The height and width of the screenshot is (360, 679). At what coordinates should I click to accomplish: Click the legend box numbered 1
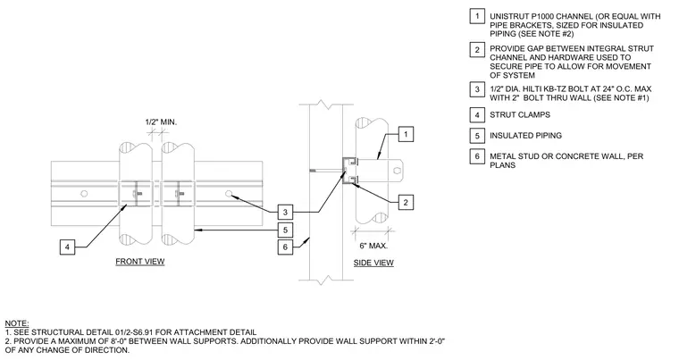(x=477, y=16)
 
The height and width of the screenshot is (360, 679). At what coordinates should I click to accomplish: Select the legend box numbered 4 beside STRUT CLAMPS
(x=477, y=115)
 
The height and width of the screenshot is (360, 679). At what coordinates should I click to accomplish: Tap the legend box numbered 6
(x=477, y=156)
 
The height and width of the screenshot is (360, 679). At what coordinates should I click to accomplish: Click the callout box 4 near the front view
(x=67, y=247)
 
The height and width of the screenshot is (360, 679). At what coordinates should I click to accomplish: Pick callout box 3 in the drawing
(x=285, y=212)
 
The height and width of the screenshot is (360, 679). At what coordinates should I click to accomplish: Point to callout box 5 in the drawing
(x=285, y=230)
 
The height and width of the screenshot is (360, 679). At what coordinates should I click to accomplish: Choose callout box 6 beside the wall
(x=285, y=247)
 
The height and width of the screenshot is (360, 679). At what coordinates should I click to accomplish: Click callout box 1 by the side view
(x=406, y=134)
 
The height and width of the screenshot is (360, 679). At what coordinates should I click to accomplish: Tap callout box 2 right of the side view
(x=406, y=202)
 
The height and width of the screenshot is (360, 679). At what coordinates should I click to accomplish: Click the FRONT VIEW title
(x=140, y=261)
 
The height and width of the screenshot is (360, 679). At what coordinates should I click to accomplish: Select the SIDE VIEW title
(x=373, y=263)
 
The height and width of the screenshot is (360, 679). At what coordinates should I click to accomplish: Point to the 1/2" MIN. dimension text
(x=161, y=122)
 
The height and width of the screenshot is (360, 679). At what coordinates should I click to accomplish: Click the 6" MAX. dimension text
(x=373, y=246)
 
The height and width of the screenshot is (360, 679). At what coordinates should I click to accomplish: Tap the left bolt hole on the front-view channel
(x=85, y=193)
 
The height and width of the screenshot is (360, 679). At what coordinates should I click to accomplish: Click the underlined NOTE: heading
(x=17, y=323)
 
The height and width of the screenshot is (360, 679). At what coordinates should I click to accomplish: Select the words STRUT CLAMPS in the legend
(x=520, y=115)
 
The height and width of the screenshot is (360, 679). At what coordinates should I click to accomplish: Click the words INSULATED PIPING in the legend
(x=525, y=136)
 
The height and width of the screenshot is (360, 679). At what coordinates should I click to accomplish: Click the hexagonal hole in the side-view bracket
(x=397, y=171)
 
